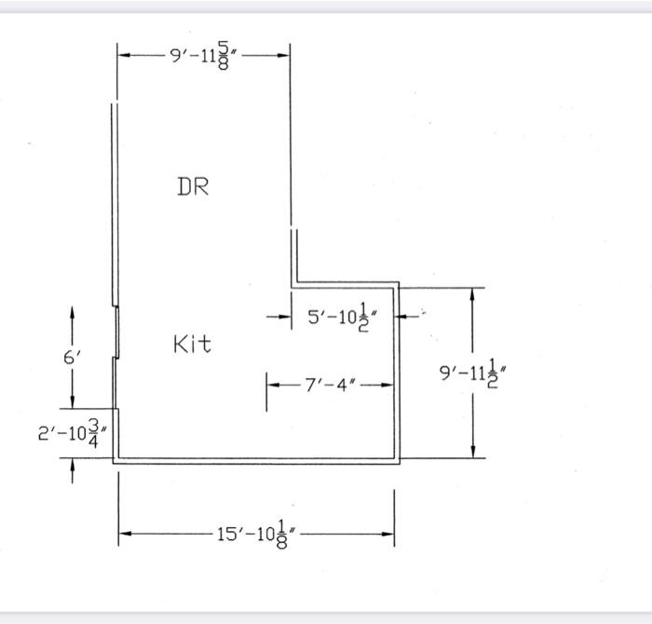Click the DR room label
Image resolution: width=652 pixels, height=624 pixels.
coord(193,186)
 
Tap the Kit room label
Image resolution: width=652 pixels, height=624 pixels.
coord(192,345)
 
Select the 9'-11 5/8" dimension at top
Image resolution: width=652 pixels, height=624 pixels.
coord(205,55)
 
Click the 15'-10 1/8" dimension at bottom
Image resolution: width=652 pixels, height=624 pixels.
coord(257,534)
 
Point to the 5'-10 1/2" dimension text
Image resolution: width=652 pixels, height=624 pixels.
coord(338,318)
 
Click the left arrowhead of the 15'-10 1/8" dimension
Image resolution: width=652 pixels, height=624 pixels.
coord(125,534)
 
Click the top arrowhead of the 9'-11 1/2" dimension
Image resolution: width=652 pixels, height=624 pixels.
coord(474,294)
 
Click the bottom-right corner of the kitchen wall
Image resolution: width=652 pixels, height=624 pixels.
coord(399,461)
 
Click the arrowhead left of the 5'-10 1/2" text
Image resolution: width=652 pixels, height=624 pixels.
coord(285,317)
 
